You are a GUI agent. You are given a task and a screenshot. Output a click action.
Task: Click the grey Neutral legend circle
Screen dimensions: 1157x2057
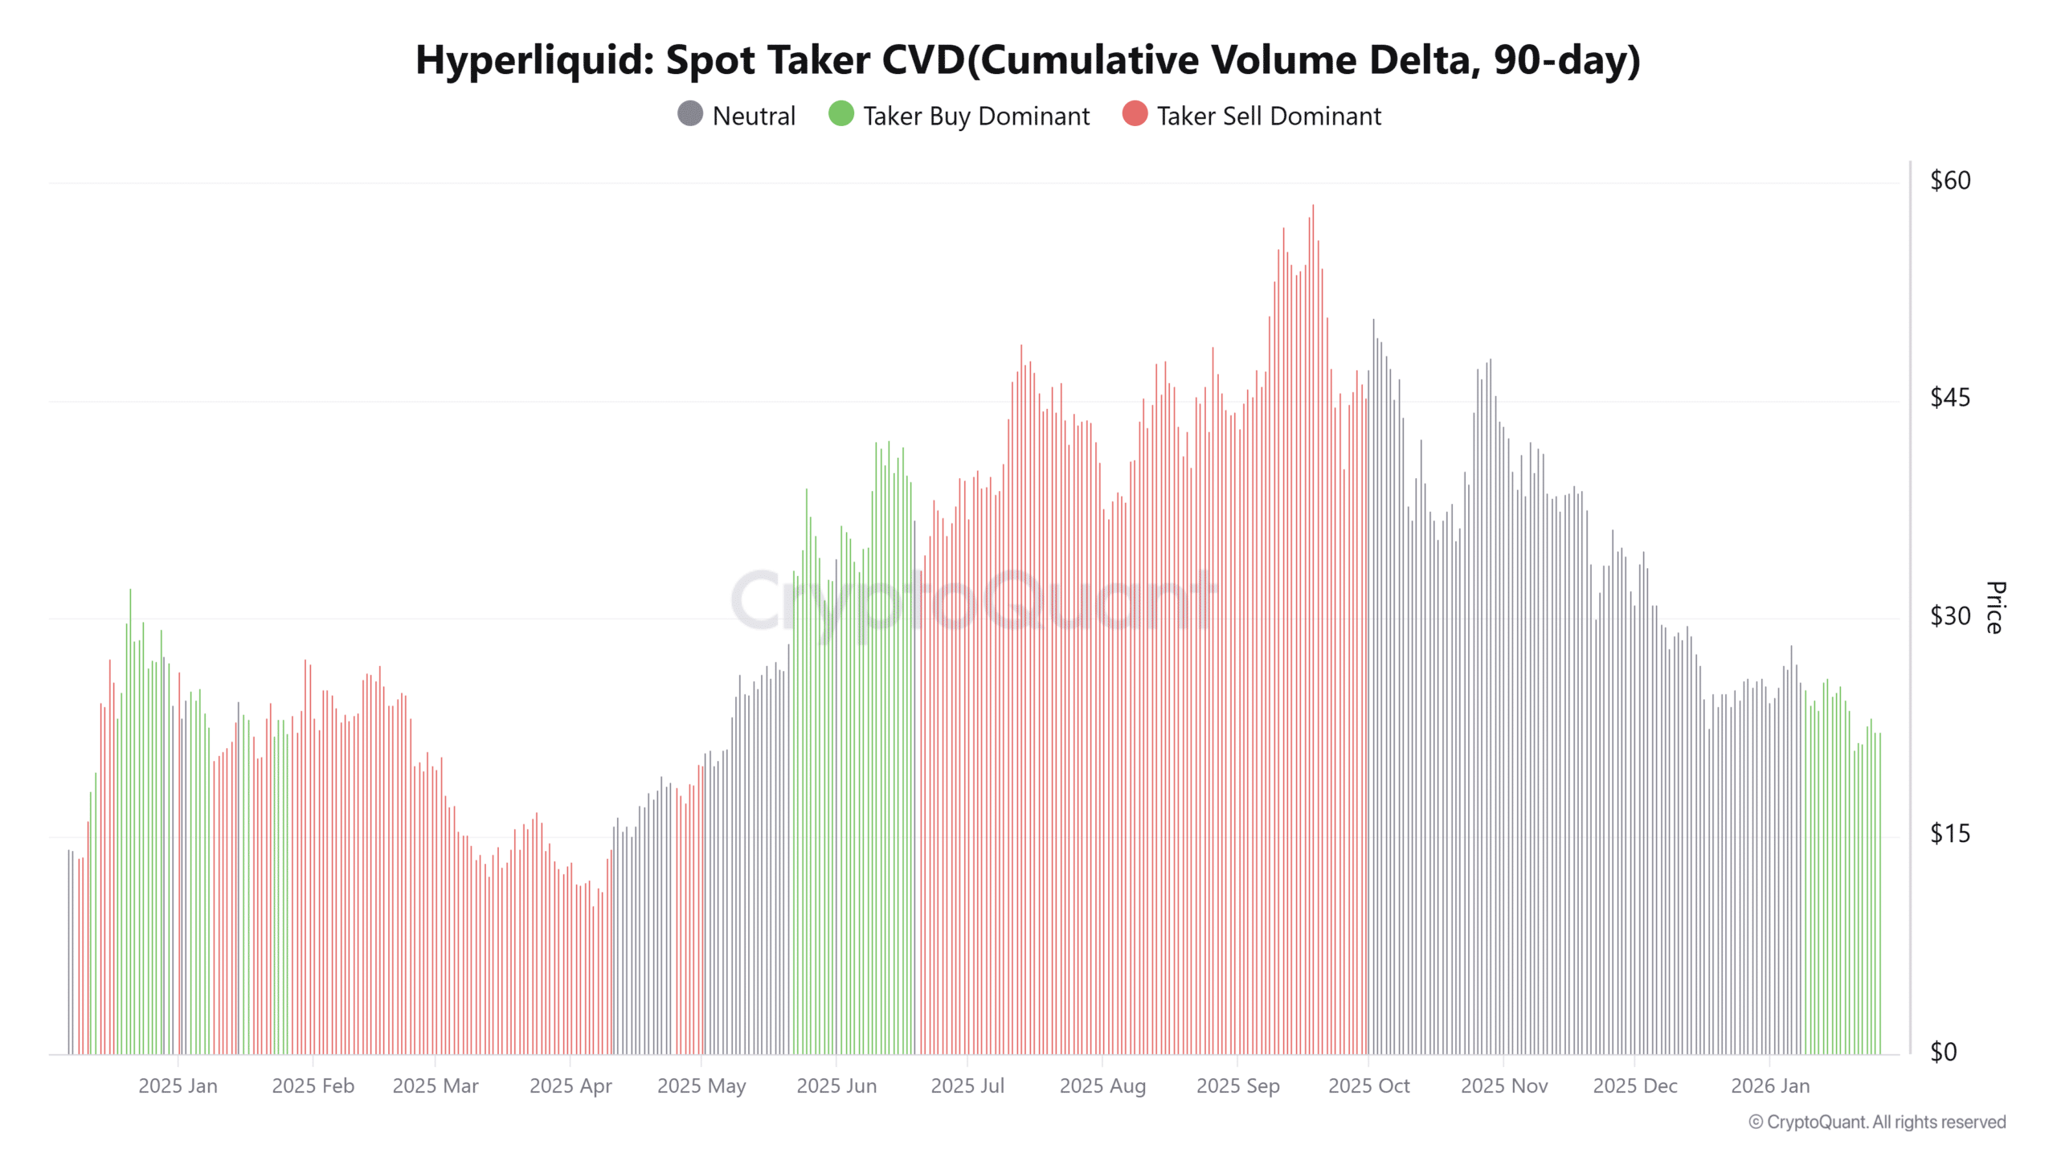[690, 114]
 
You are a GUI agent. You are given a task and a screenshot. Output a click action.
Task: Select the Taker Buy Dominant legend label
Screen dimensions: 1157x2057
[976, 117]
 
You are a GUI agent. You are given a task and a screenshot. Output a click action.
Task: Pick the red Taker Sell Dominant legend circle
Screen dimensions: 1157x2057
[1135, 114]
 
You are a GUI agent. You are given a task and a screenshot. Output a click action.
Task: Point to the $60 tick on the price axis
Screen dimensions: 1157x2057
[1950, 181]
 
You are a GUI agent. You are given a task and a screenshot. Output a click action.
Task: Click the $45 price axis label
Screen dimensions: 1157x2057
[1950, 398]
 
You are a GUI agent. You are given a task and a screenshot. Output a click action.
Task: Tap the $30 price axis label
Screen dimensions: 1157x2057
[1950, 616]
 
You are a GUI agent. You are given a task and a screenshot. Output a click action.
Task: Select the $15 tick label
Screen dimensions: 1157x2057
[1950, 834]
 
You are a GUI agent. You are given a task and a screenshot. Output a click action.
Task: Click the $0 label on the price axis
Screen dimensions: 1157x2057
[1944, 1052]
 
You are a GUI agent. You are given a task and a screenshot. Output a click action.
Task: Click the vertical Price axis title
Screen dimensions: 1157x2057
[1995, 607]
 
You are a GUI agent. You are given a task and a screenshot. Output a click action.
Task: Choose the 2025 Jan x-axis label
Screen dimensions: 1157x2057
[178, 1086]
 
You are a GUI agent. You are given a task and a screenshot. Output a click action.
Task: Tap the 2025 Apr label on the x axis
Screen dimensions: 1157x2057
[570, 1086]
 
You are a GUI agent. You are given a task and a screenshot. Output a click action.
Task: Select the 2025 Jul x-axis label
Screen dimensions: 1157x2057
[967, 1086]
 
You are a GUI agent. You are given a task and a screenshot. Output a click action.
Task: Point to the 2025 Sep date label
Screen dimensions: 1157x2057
[1237, 1086]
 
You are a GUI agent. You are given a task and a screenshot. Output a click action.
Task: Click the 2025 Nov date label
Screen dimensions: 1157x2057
[1503, 1086]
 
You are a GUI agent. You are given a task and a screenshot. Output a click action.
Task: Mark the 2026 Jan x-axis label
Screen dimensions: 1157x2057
[1770, 1086]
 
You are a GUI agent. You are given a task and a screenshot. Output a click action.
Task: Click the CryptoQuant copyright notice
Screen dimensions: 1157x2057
[1877, 1122]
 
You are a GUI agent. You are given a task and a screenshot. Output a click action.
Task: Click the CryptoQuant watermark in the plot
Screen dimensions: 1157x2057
[972, 601]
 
